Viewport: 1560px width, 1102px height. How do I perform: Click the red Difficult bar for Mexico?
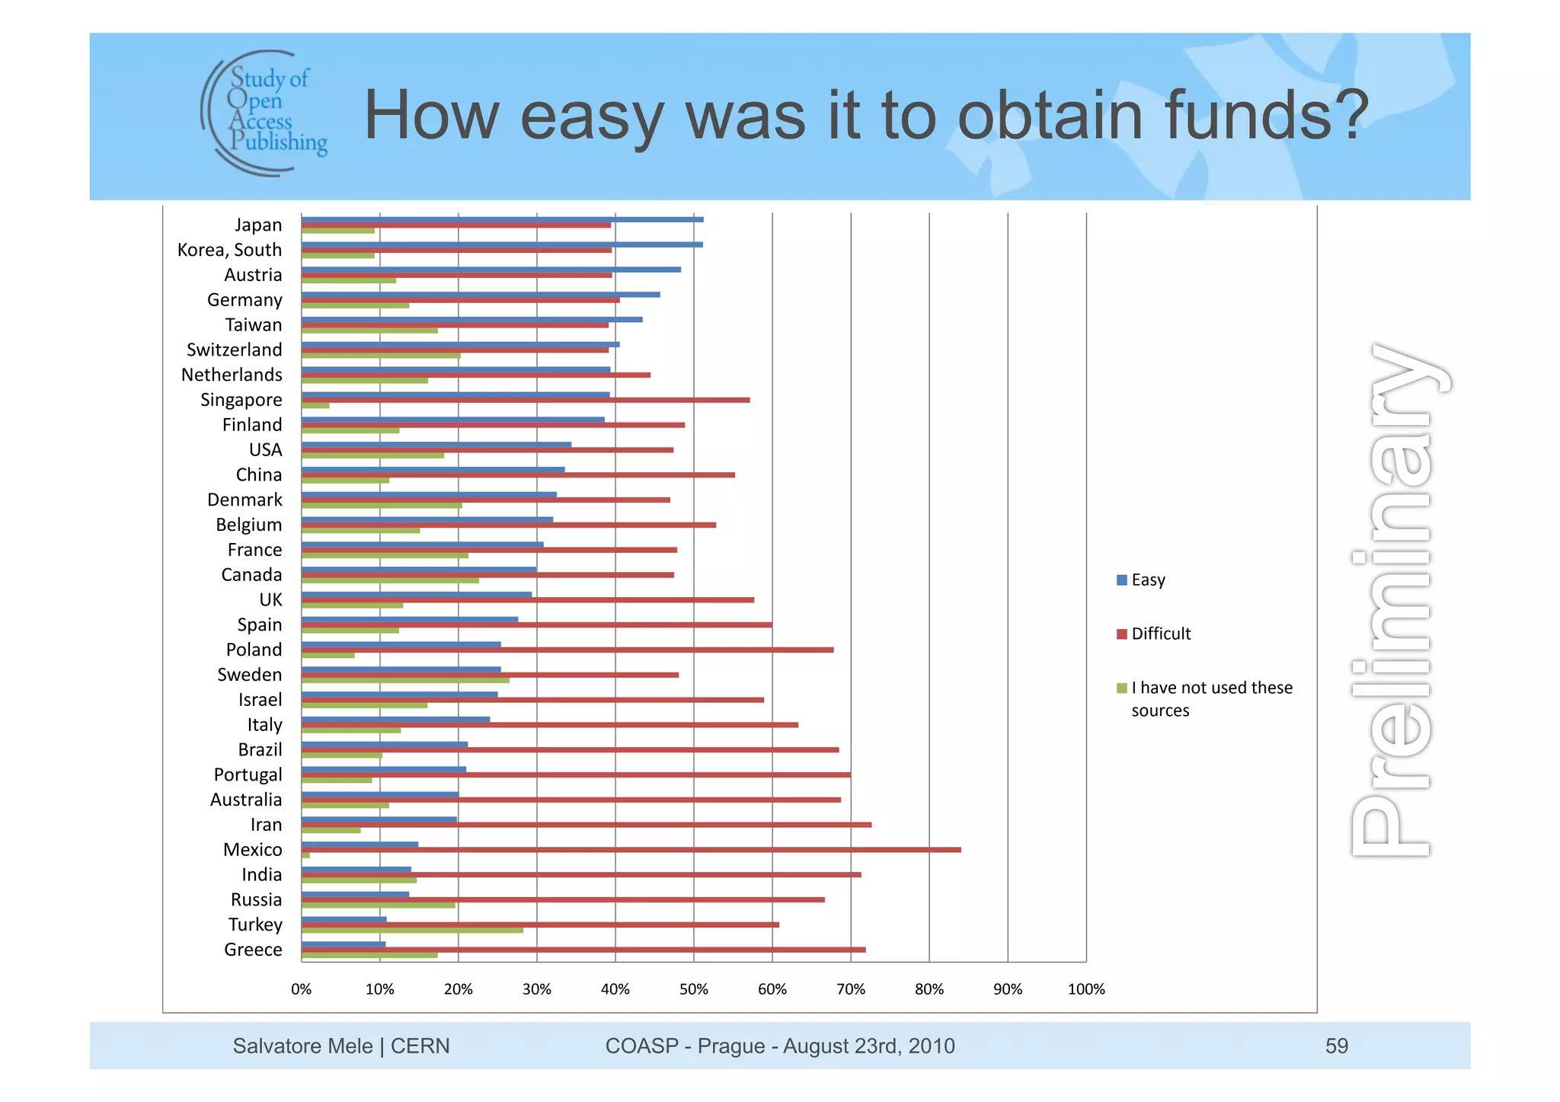point(631,850)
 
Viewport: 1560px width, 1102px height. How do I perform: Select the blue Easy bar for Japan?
point(502,219)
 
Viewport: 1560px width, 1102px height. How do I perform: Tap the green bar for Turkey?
point(412,930)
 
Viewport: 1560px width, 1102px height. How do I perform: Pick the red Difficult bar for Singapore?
point(526,400)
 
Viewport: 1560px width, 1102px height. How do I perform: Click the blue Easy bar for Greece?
point(344,944)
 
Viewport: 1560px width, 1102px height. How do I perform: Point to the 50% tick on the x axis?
point(693,989)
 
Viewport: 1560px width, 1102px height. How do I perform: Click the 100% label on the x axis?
point(1086,989)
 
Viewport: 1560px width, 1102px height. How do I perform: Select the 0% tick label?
point(301,989)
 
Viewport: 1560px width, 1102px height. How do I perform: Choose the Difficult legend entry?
point(1153,634)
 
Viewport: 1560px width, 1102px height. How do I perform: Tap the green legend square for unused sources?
point(1121,688)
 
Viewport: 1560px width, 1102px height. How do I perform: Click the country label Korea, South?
point(229,250)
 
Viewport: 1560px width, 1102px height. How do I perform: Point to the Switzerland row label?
point(234,350)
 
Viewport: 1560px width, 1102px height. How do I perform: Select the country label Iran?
point(266,825)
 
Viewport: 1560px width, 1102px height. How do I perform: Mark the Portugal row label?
point(248,775)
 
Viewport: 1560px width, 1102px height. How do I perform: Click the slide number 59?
point(1336,1046)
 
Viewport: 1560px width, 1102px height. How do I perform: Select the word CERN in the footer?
point(420,1046)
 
